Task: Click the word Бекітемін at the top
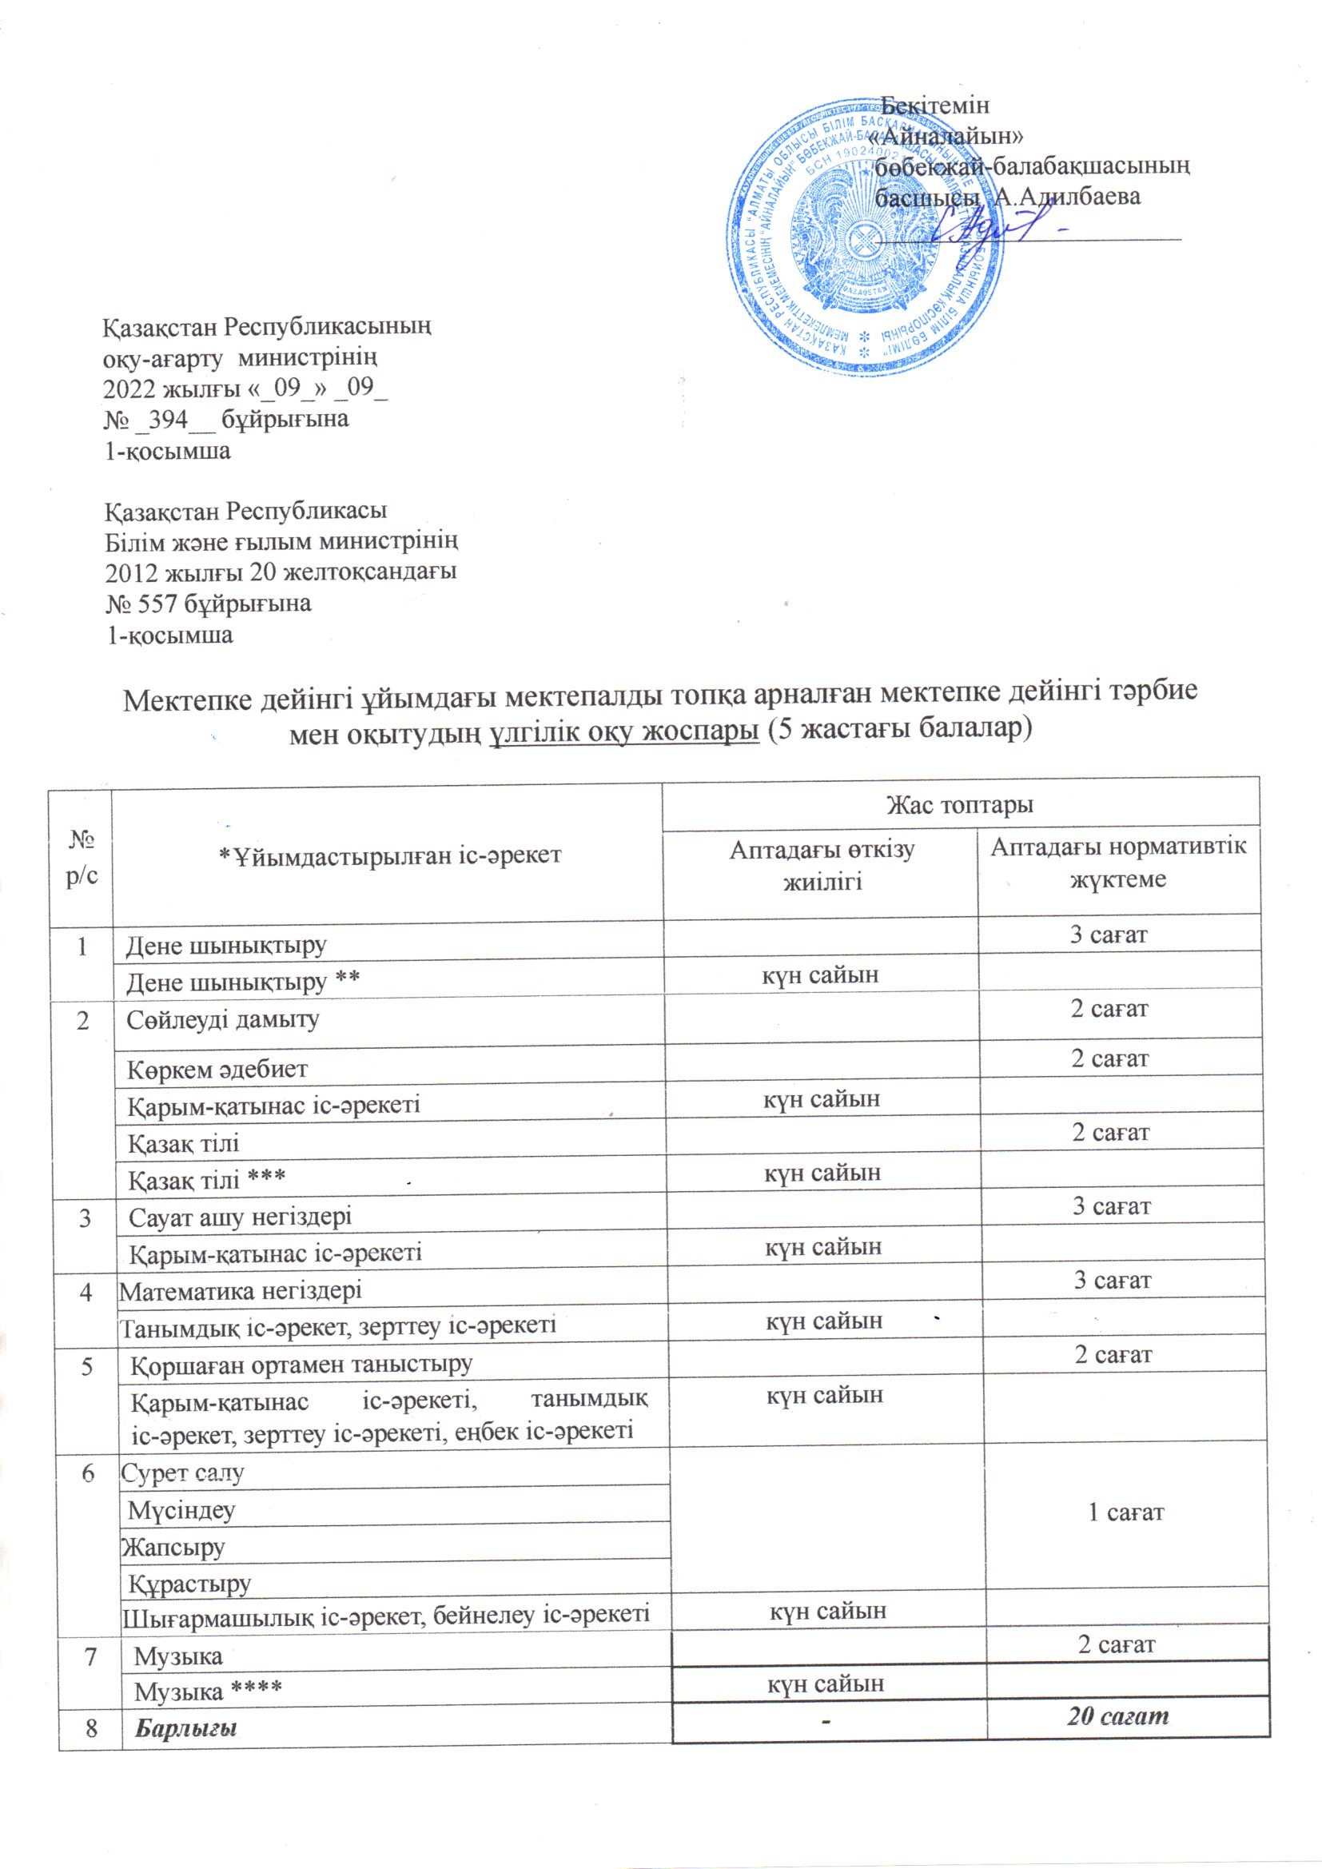(936, 105)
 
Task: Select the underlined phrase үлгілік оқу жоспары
(624, 731)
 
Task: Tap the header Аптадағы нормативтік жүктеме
(1117, 862)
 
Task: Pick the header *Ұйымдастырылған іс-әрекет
(390, 855)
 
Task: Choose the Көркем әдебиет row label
(217, 1069)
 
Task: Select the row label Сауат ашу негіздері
(241, 1216)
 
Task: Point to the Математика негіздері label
(240, 1290)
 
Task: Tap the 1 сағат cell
(1126, 1512)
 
